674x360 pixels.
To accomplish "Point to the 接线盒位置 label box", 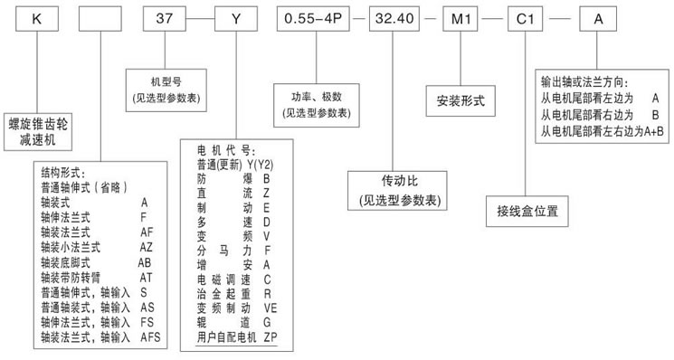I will point(527,213).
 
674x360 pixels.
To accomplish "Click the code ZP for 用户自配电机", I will point(271,336).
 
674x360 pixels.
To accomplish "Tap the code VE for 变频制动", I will point(271,307).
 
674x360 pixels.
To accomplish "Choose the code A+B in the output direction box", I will point(650,131).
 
